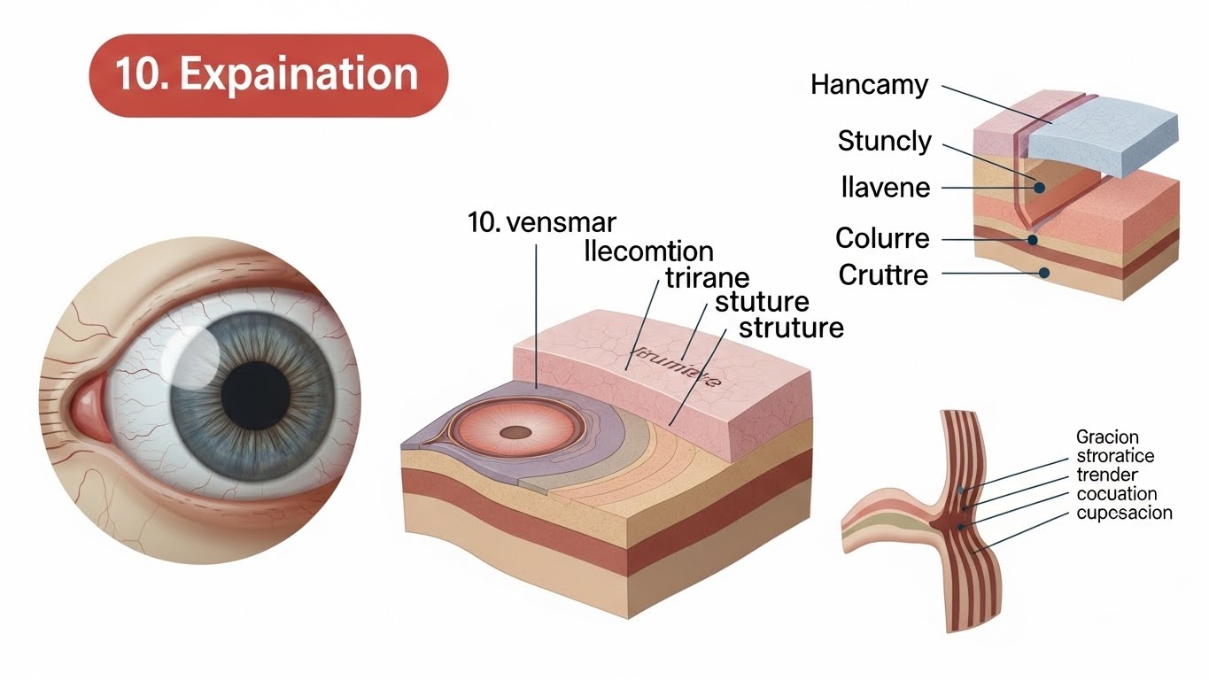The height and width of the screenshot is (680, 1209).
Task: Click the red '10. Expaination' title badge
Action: point(268,75)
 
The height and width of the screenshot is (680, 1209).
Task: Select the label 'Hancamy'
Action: point(870,86)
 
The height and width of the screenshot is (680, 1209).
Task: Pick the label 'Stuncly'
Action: point(884,141)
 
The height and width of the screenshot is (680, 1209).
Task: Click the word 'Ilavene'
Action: point(885,188)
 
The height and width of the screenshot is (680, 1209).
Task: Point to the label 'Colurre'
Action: point(882,238)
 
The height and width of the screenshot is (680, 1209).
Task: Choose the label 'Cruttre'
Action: point(883,274)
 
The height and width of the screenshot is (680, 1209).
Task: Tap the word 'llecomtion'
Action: point(650,251)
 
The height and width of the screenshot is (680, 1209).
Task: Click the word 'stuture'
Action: point(762,302)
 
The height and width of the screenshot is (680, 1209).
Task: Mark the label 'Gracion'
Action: point(1107,437)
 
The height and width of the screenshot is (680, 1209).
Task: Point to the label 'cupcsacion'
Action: point(1124,513)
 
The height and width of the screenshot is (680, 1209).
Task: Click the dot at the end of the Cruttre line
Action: point(1044,274)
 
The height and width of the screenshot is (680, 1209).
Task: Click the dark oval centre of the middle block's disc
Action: point(513,433)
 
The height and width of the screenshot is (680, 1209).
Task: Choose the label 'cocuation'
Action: point(1116,494)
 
